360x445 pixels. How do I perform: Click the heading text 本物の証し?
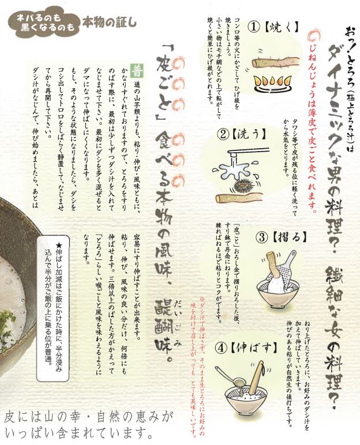(109, 23)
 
